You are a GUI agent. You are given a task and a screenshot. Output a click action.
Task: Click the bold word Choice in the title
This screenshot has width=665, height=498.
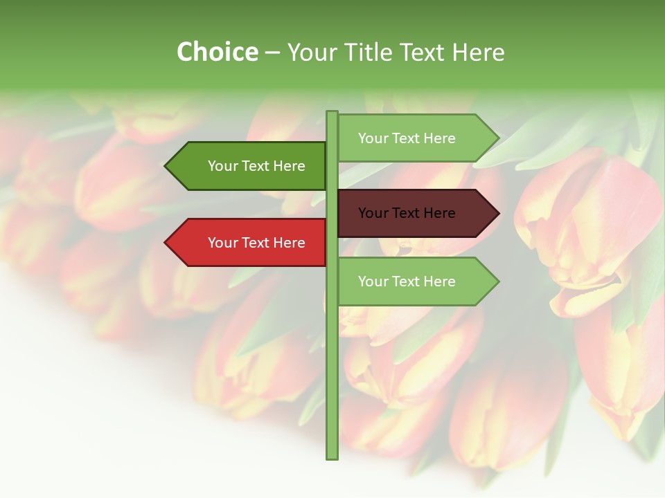click(217, 52)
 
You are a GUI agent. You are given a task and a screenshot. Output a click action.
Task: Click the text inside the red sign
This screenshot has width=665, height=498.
click(256, 243)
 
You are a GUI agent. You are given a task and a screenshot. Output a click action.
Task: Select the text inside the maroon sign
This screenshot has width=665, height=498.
click(407, 213)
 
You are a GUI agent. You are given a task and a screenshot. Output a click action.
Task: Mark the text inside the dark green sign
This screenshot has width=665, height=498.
click(256, 166)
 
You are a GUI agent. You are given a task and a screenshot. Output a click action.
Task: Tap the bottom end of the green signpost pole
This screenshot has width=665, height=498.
click(332, 456)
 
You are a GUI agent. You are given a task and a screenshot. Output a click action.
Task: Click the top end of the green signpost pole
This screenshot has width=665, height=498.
click(332, 113)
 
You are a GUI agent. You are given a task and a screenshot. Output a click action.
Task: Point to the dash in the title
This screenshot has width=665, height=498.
click(272, 53)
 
